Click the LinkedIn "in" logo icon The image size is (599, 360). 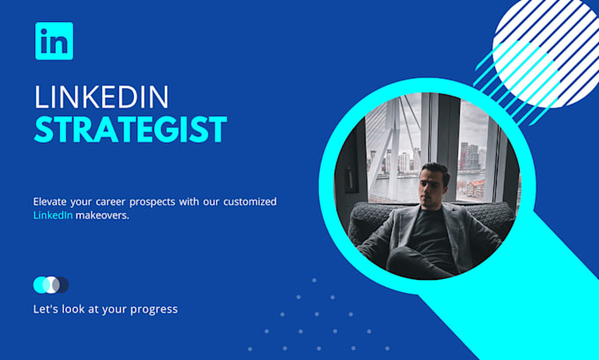point(54,41)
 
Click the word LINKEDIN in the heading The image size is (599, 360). point(101,97)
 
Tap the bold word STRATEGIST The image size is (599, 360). point(130,129)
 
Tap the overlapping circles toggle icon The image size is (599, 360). point(50,284)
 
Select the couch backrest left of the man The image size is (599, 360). point(374,220)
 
